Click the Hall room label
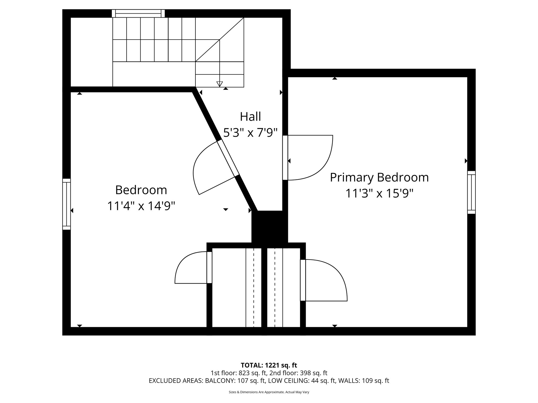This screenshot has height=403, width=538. pyautogui.click(x=250, y=116)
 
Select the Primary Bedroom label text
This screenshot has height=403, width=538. pyautogui.click(x=379, y=177)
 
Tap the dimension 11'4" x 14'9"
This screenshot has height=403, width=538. pyautogui.click(x=141, y=206)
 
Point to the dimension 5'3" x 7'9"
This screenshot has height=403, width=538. pyautogui.click(x=250, y=133)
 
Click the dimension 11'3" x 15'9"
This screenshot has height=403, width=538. pyautogui.click(x=379, y=194)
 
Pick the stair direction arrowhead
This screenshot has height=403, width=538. pyautogui.click(x=219, y=84)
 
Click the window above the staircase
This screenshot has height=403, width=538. pyautogui.click(x=138, y=13)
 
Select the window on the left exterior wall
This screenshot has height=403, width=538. pyautogui.click(x=66, y=204)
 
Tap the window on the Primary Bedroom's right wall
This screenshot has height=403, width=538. pyautogui.click(x=472, y=192)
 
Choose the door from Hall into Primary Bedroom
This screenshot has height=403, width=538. pyautogui.click(x=285, y=158)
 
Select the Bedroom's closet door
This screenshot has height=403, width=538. pyautogui.click(x=209, y=267)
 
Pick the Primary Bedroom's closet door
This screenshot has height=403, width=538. pyautogui.click(x=303, y=280)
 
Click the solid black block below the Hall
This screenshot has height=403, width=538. pyautogui.click(x=270, y=227)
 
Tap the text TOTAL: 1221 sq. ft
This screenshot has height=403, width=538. pyautogui.click(x=269, y=365)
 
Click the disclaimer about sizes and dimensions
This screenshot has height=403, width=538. pyautogui.click(x=269, y=392)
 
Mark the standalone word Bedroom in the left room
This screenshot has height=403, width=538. pyautogui.click(x=141, y=190)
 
